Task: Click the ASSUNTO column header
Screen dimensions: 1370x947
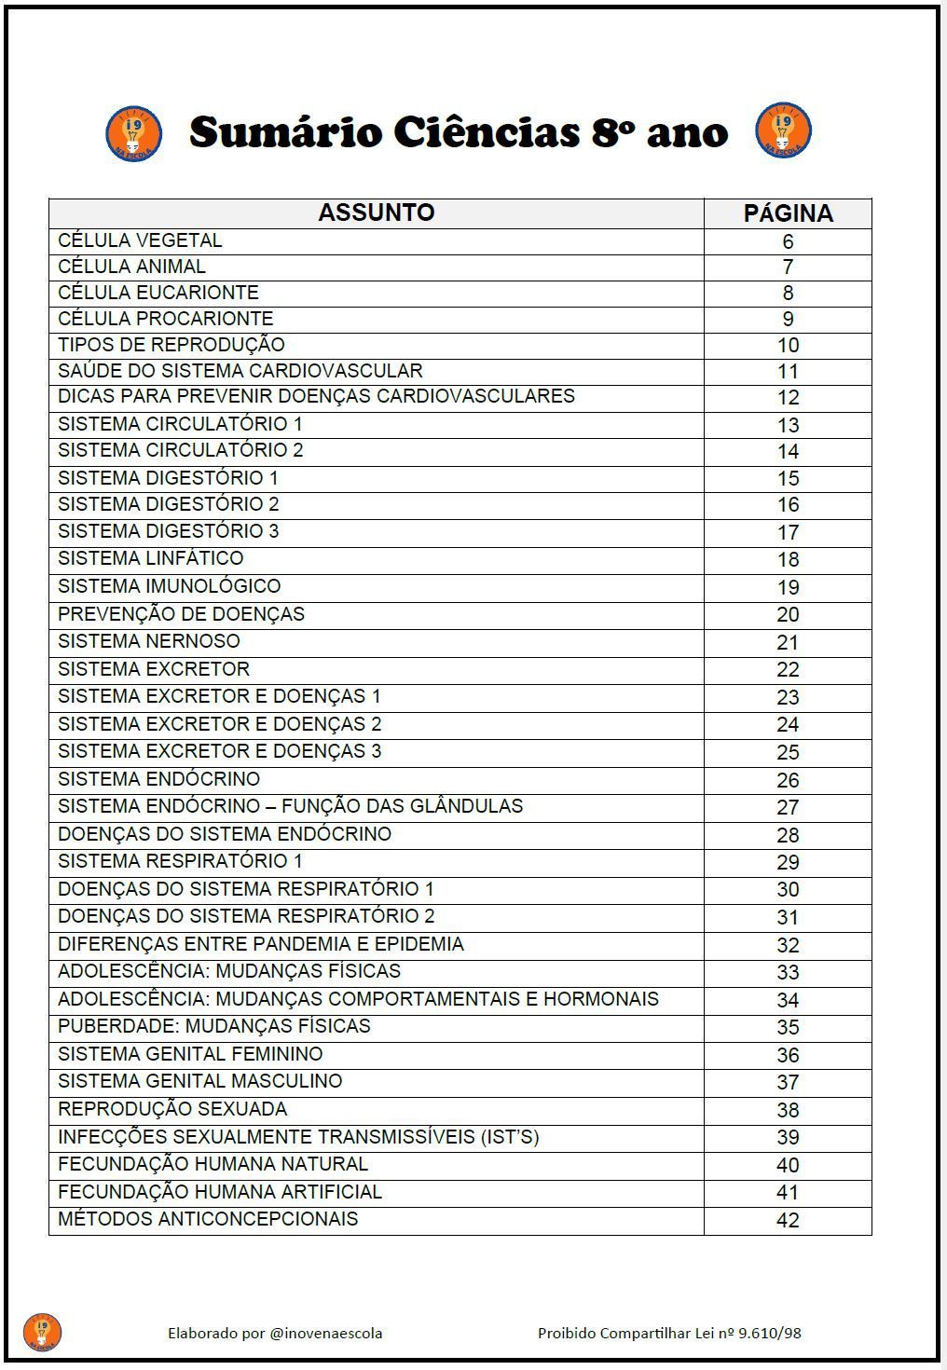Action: click(x=376, y=212)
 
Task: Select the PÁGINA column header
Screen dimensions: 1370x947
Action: click(x=788, y=213)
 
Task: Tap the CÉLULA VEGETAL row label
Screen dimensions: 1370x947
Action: click(x=140, y=240)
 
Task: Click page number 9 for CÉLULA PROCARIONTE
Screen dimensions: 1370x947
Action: click(x=788, y=320)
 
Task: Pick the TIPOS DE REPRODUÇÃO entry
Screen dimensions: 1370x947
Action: click(x=172, y=345)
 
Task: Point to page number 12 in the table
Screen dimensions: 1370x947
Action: click(x=788, y=398)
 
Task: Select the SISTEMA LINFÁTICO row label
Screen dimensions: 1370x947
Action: click(x=150, y=558)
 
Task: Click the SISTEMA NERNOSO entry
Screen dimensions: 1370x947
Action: click(x=149, y=641)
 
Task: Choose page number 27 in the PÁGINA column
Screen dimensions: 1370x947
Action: click(x=788, y=807)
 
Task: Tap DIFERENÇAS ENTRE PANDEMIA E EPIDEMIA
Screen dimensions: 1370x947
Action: click(x=261, y=944)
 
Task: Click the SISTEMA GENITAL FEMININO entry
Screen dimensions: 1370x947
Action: click(x=190, y=1054)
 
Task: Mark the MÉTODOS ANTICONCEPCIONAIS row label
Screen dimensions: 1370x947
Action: click(x=208, y=1219)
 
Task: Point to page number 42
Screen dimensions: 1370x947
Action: click(x=788, y=1220)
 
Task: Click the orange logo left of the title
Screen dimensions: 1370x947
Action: click(x=133, y=132)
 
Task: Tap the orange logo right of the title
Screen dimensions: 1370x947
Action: click(x=783, y=130)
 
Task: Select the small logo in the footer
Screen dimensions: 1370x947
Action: click(x=42, y=1332)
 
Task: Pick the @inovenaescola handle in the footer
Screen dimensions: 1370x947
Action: click(x=325, y=1333)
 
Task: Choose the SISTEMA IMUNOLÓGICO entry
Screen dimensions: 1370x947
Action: click(x=169, y=586)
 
